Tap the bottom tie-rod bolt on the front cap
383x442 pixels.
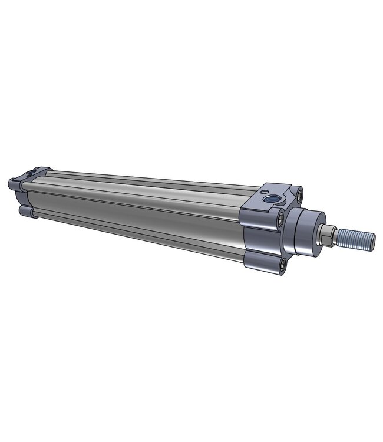[x=285, y=263]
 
